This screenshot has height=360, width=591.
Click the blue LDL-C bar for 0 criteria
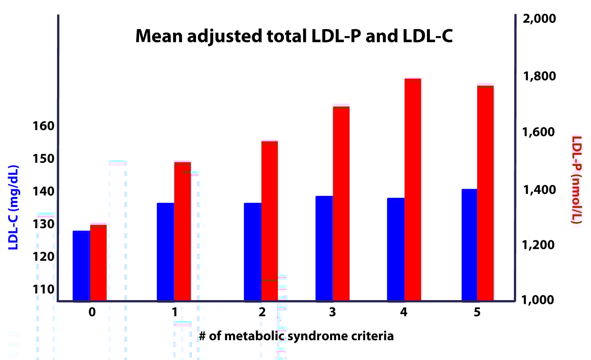[x=81, y=265]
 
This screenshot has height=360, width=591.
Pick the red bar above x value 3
[x=341, y=204]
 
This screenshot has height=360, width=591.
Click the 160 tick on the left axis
[x=43, y=126]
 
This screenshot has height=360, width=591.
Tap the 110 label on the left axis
[x=43, y=289]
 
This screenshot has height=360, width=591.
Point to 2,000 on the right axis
[x=539, y=18]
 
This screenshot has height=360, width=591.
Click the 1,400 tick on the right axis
[x=539, y=190]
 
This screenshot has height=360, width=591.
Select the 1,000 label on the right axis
[x=538, y=300]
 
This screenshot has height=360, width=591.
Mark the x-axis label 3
[x=332, y=312]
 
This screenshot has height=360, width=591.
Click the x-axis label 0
[x=92, y=312]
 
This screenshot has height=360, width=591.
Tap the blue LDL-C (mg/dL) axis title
[x=13, y=207]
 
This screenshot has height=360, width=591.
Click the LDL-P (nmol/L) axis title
[x=576, y=180]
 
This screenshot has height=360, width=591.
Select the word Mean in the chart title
[x=159, y=36]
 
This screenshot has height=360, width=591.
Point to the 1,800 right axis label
[x=539, y=76]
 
